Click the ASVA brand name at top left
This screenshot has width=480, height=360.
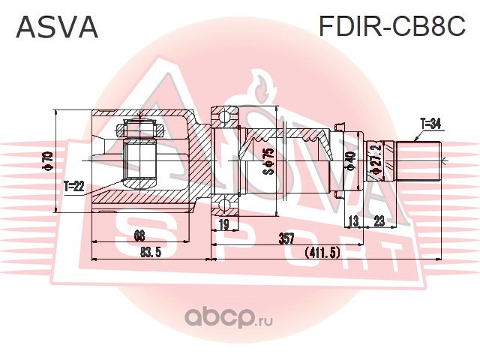coord(57,27)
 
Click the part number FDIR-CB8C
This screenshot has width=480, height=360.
coord(392,25)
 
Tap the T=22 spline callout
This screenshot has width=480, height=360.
coord(73,186)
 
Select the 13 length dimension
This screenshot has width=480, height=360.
coord(353,221)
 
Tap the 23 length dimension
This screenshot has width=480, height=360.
coord(379,220)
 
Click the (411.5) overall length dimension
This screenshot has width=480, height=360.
coord(322,253)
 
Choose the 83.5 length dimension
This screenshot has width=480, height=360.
coord(151,253)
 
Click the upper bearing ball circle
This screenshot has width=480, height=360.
coord(224,117)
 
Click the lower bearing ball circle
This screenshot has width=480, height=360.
coord(224,205)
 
